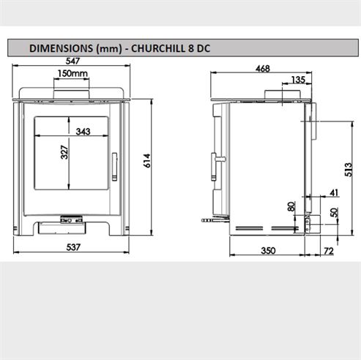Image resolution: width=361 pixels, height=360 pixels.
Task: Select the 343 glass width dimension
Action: click(82, 132)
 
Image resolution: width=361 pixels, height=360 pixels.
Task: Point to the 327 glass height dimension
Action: click(64, 153)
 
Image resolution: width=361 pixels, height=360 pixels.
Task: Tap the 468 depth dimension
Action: click(262, 69)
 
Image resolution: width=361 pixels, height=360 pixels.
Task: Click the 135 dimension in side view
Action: click(298, 79)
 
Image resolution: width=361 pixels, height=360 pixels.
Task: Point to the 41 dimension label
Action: click(334, 192)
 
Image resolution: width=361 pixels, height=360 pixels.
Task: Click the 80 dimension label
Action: click(291, 207)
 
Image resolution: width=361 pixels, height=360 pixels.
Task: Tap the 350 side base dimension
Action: click(267, 250)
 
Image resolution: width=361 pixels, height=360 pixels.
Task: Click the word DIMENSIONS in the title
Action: click(60, 48)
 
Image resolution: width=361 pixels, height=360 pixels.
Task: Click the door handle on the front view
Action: click(113, 164)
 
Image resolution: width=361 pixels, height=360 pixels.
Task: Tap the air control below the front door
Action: click(71, 217)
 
